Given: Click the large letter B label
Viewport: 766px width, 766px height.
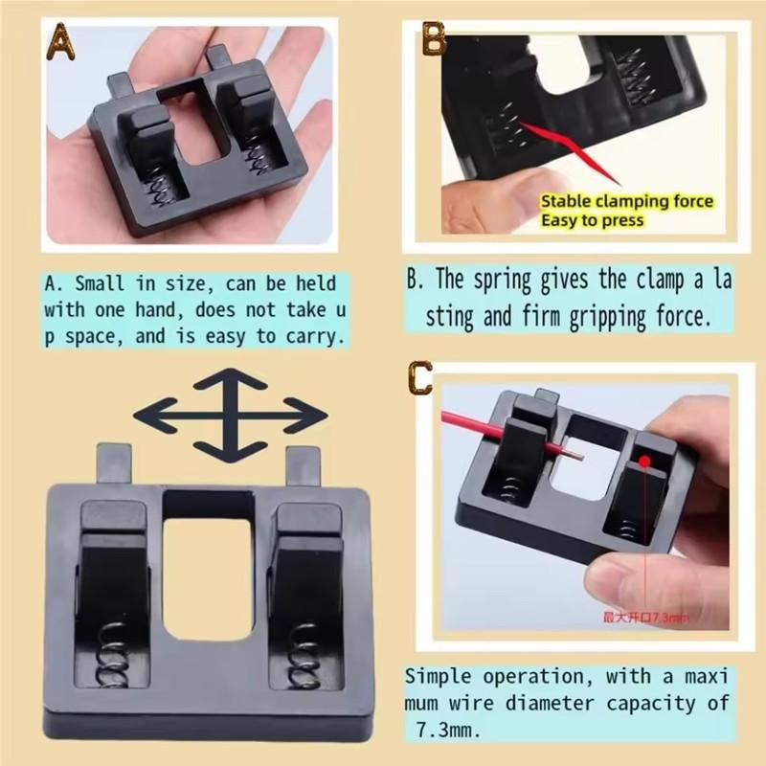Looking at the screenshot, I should [434, 39].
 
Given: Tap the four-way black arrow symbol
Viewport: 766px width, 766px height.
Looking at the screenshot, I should [230, 417].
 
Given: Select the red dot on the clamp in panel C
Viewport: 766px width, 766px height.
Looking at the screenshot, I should [647, 462].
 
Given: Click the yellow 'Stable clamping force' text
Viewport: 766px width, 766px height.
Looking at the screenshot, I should [626, 202].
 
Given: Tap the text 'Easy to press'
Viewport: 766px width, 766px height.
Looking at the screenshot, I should [593, 221].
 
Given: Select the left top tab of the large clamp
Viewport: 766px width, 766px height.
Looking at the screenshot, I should [113, 462].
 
